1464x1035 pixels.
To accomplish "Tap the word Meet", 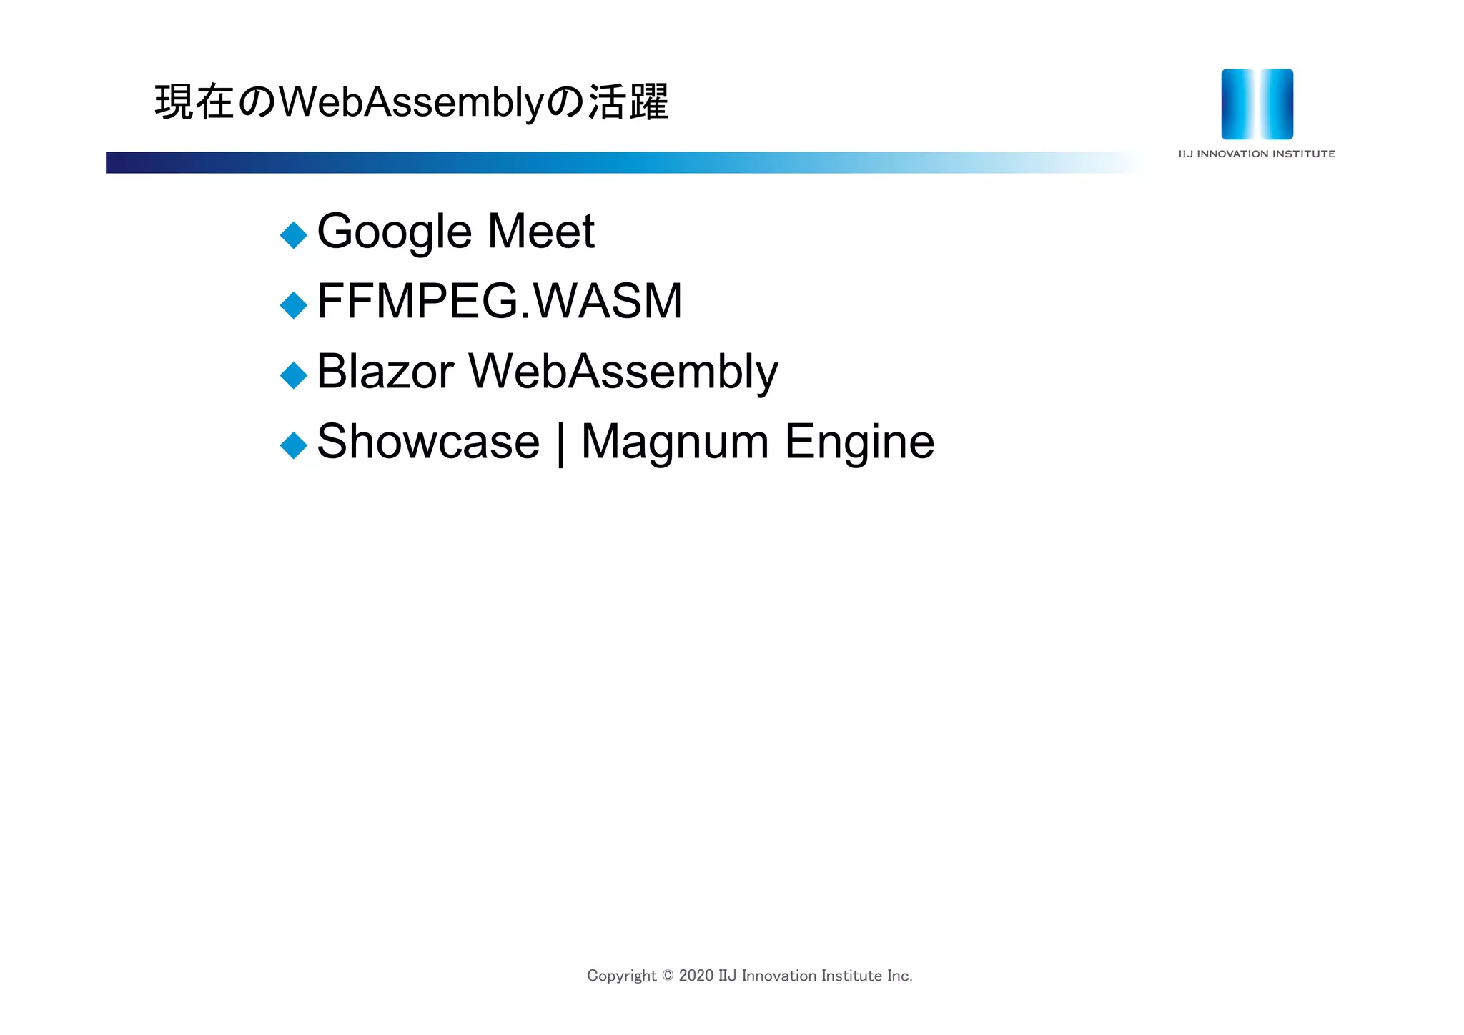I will [x=540, y=232].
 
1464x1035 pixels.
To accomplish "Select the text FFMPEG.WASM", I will [x=499, y=301].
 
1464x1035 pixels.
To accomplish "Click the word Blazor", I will [x=385, y=372].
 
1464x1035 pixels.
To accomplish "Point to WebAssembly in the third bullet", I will [x=623, y=372].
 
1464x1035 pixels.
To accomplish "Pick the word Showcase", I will [x=427, y=442].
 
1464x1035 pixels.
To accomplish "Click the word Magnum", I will [x=675, y=442].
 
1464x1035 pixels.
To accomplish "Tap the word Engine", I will [x=859, y=442].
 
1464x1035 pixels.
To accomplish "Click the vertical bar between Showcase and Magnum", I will [x=560, y=443].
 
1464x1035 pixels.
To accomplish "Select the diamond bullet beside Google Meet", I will [x=293, y=235].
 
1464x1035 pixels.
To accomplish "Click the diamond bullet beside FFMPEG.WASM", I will [x=293, y=305].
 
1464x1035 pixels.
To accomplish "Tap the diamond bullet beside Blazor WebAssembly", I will [x=293, y=375].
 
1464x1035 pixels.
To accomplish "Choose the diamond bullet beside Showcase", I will [x=293, y=445].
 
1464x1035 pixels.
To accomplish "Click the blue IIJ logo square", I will [x=1257, y=104].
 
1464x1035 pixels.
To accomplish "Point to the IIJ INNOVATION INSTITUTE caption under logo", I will [x=1257, y=154].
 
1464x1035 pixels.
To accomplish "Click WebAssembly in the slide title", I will [x=411, y=102].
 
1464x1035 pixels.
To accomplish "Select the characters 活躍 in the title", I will [x=628, y=102].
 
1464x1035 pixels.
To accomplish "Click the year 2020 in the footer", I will [x=696, y=976].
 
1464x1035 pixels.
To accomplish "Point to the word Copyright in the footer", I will [x=621, y=976].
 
